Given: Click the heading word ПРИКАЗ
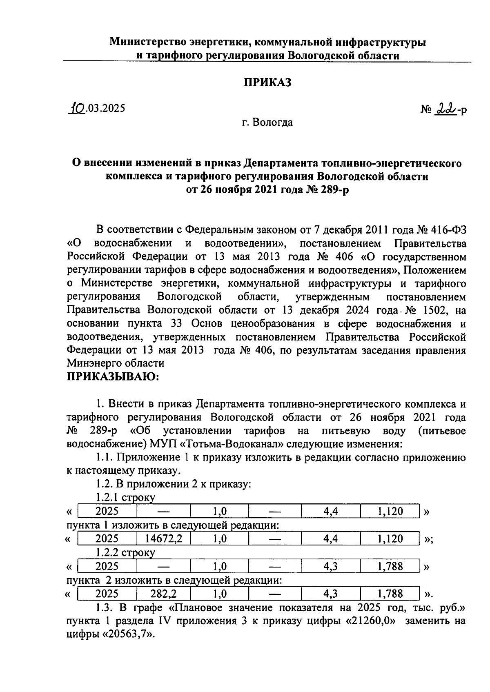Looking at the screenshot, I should (267, 82).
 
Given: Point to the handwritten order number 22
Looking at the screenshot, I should (445, 109).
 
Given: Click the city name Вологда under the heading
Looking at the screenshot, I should (273, 122).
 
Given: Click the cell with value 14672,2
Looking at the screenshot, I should (163, 539).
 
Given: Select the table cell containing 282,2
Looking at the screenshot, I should (163, 594).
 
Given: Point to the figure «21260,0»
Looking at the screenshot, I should (373, 621).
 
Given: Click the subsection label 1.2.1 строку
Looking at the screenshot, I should (125, 498).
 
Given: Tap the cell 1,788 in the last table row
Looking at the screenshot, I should (390, 594).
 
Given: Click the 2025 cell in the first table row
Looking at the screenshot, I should (107, 511).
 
